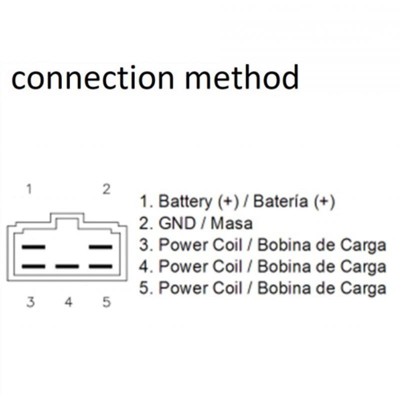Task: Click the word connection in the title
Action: click(92, 77)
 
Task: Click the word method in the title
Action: click(242, 76)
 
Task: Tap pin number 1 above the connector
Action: click(29, 189)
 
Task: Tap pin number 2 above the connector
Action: click(106, 189)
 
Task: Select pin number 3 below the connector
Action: click(30, 302)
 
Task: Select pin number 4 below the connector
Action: click(68, 302)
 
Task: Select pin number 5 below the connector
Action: click(106, 302)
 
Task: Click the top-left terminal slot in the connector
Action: click(33, 247)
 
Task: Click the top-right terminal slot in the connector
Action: click(100, 247)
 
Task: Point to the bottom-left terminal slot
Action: click(33, 266)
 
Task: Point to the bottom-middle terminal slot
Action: click(67, 266)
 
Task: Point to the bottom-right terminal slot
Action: click(100, 266)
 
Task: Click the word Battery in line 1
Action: click(185, 201)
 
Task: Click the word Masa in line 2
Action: click(231, 223)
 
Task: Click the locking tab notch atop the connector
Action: click(67, 220)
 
